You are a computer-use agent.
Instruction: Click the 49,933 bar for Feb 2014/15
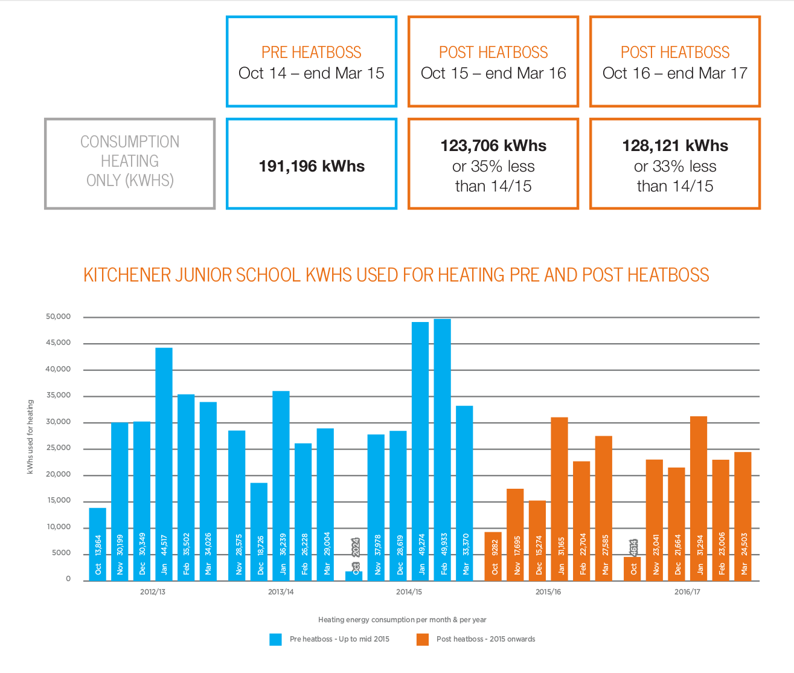tap(443, 449)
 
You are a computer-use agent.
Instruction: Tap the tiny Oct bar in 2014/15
tap(354, 576)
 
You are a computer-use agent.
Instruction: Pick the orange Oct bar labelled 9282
tap(493, 556)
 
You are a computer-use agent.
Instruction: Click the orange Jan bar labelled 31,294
tap(699, 498)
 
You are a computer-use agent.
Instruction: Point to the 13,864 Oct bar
tap(98, 544)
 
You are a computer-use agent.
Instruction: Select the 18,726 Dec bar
tap(259, 532)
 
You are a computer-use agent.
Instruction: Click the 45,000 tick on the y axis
tap(59, 343)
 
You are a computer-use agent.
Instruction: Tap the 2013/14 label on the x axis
tap(281, 592)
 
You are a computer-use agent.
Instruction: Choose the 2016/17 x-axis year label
tap(687, 592)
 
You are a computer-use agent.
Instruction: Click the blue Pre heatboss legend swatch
tap(276, 639)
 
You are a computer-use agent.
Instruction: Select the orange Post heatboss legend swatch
tap(423, 639)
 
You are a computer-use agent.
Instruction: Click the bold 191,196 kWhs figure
tap(312, 167)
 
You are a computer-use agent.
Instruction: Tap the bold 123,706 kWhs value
tap(493, 146)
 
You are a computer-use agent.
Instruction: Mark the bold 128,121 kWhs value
tap(675, 146)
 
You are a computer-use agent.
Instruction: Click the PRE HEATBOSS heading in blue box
tap(312, 53)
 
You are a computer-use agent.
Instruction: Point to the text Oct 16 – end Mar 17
tap(675, 74)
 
